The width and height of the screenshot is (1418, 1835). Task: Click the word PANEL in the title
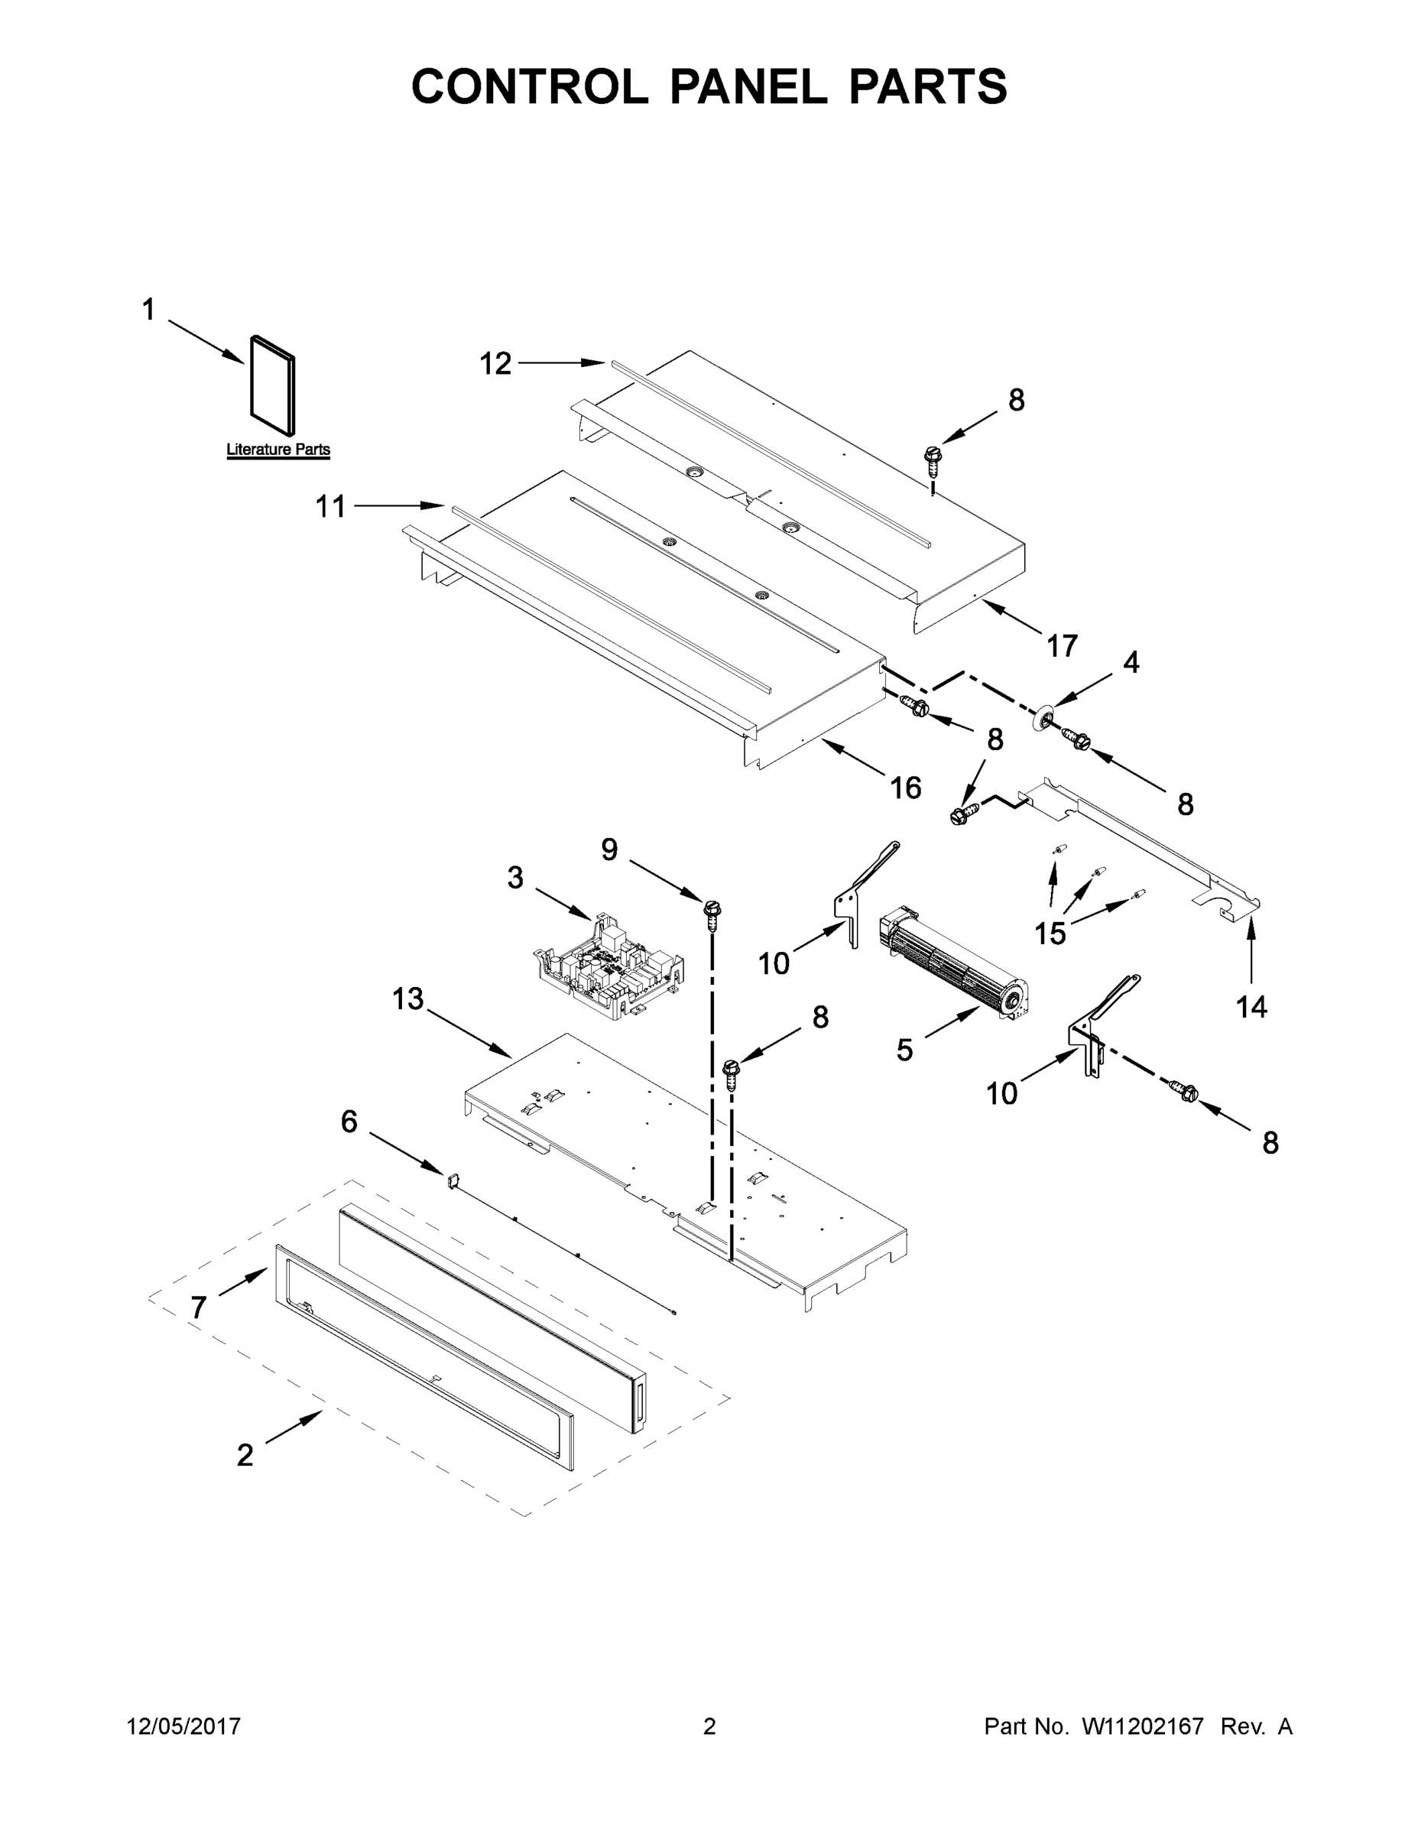point(748,86)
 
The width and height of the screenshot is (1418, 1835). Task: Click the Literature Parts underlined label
point(278,450)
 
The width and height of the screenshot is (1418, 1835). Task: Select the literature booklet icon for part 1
point(273,388)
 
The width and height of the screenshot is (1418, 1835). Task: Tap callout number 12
point(495,364)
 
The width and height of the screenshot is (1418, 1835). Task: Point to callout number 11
point(330,507)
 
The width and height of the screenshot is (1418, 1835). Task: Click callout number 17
point(1062,645)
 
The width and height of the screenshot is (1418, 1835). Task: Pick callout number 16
point(906,788)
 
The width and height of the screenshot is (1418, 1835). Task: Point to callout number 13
point(407,999)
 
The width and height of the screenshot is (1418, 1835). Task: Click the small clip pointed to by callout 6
point(452,1180)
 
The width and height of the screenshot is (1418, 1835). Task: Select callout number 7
point(198,1307)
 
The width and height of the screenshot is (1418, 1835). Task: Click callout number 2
point(245,1454)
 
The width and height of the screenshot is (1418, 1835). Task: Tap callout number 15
point(1050,933)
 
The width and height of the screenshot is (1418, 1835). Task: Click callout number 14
point(1251,1005)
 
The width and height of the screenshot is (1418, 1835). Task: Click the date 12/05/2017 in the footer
point(183,1726)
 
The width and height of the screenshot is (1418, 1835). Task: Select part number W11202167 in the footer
point(1143,1726)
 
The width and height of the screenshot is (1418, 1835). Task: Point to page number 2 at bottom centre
point(709,1726)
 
